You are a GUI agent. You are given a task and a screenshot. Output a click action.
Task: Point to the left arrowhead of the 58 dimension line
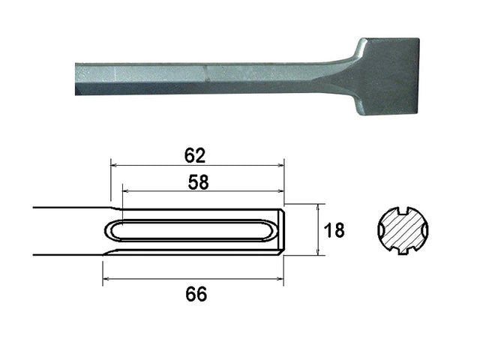[124, 191]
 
